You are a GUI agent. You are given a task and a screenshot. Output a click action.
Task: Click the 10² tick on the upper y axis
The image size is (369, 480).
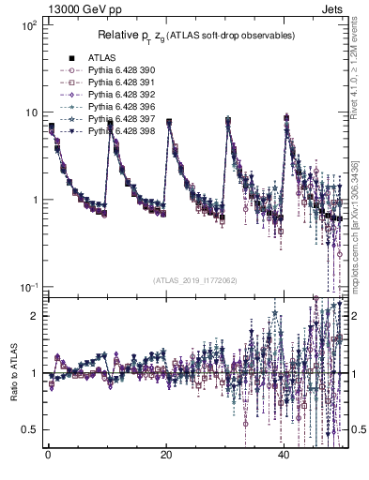28,25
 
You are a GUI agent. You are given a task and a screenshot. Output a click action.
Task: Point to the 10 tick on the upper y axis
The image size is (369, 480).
30,112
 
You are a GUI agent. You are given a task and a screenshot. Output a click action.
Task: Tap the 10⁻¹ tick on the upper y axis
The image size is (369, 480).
28,287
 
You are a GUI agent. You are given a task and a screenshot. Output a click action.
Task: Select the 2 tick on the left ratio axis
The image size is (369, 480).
31,316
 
